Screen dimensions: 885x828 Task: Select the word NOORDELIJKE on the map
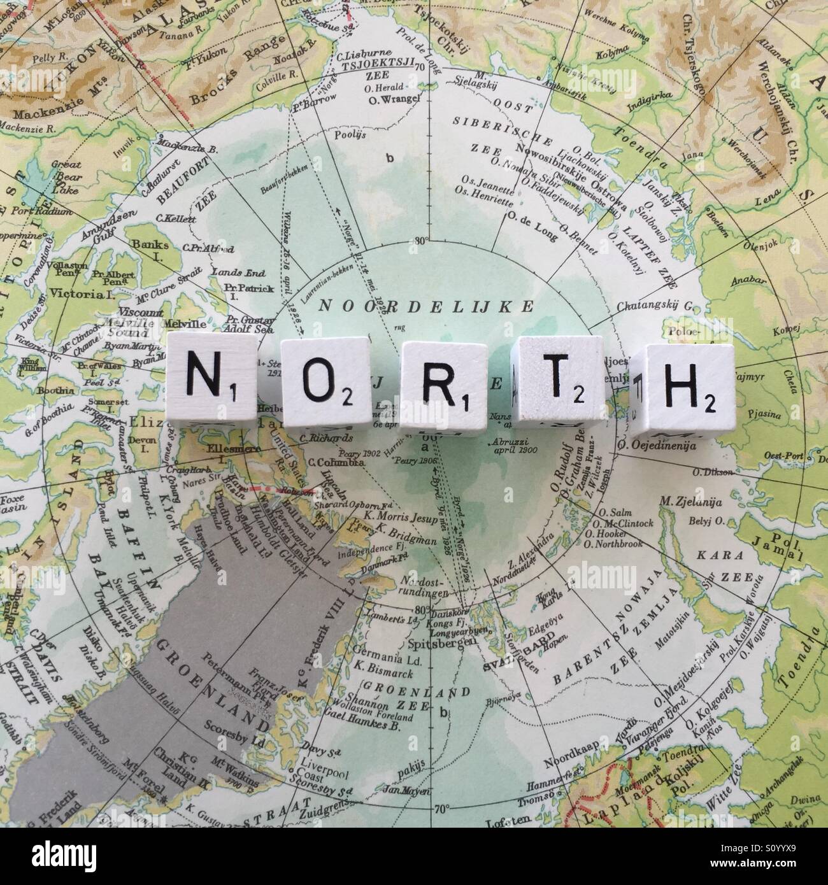(x=427, y=306)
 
